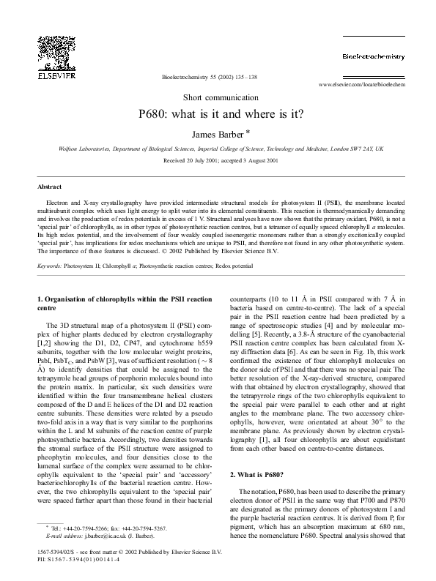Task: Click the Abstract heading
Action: [x=49, y=187]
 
